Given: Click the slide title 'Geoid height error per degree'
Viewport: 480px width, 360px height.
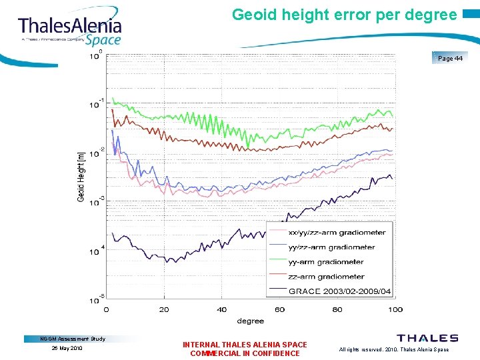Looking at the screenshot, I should (x=344, y=14).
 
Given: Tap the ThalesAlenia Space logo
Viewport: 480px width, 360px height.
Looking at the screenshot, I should (x=70, y=30).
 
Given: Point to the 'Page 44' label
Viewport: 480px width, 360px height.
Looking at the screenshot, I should (x=451, y=59).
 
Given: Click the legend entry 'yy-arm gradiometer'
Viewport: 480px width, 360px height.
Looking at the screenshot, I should (x=325, y=262).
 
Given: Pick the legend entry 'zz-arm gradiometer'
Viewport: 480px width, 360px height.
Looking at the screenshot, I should (x=325, y=277).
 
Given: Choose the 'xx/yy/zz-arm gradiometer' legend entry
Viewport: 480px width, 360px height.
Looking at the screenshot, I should (x=337, y=233).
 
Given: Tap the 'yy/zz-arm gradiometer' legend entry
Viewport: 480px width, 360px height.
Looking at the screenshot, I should (x=331, y=247).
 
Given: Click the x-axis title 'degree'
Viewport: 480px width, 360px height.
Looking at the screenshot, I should (x=250, y=321).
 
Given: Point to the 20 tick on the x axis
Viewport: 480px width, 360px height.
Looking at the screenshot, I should (x=164, y=309).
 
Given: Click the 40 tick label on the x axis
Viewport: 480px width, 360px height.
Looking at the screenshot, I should (x=222, y=309).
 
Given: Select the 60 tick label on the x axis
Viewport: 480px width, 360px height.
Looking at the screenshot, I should (x=279, y=309).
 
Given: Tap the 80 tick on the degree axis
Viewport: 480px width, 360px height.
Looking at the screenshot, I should (x=337, y=309).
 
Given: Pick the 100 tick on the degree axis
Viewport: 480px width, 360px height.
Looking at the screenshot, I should (x=395, y=309).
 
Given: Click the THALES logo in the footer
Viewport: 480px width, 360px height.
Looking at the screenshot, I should (x=427, y=339).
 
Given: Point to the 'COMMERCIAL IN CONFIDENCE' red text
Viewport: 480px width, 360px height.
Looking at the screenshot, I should (x=245, y=353).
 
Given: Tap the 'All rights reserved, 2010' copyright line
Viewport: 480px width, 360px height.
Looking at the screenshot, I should (x=393, y=349).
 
